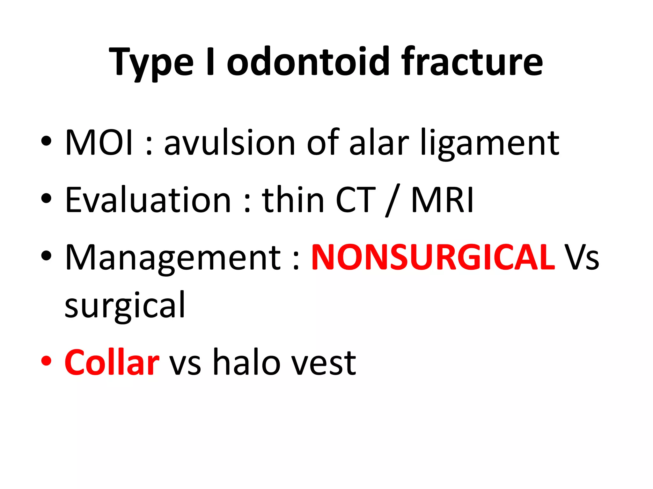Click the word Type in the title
tap(151, 62)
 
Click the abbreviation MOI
tap(99, 142)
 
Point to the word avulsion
tap(230, 142)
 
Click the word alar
tap(379, 142)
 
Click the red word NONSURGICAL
tap(433, 257)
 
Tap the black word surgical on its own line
tap(125, 306)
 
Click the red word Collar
tap(112, 362)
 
